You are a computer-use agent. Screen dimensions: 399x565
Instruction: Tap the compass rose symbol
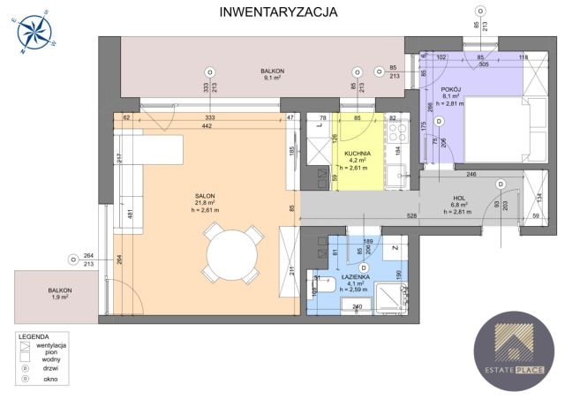tap(36, 34)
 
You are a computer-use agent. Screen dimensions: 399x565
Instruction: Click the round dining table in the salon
tap(231, 257)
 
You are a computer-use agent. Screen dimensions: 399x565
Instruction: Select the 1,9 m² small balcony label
tap(59, 294)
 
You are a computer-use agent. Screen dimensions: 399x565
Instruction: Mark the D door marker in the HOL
tap(500, 184)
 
